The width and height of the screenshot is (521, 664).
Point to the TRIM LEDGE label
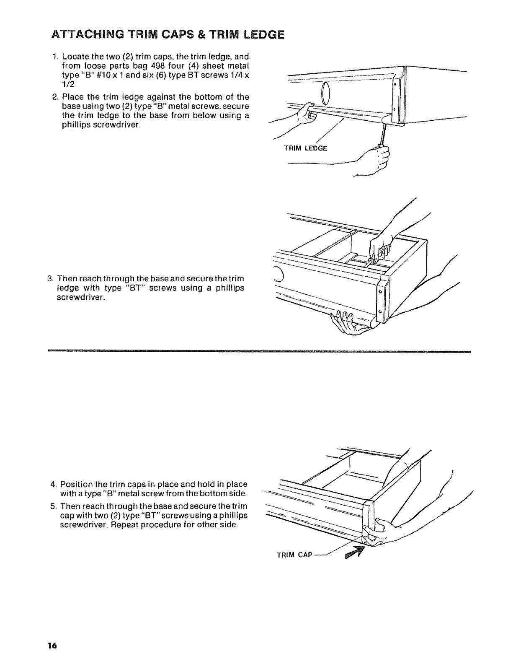point(305,148)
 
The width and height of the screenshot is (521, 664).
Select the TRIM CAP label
point(295,555)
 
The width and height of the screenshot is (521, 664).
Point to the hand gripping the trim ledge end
point(307,113)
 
